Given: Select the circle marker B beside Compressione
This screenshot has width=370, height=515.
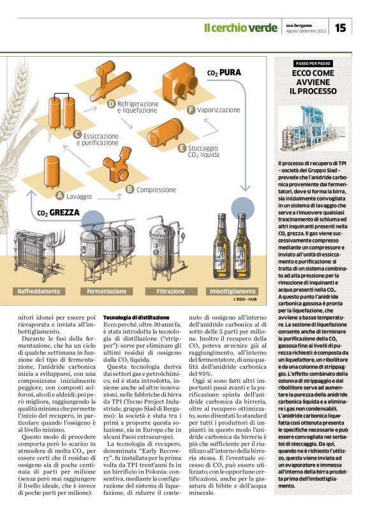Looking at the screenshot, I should (129, 189).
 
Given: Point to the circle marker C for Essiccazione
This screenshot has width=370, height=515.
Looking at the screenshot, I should (77, 134).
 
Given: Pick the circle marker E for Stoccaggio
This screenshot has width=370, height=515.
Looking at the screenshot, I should (182, 147).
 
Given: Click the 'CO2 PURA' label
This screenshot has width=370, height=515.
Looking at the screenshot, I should (224, 73).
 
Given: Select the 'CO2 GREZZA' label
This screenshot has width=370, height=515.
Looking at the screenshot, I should (58, 213).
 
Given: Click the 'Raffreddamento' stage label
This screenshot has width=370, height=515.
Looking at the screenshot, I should (40, 290).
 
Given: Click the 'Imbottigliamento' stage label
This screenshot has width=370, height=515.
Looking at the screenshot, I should (233, 290).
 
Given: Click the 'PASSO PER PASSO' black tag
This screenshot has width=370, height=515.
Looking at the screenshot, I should (313, 64).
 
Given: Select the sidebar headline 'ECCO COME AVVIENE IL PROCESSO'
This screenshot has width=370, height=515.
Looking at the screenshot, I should (313, 84).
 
